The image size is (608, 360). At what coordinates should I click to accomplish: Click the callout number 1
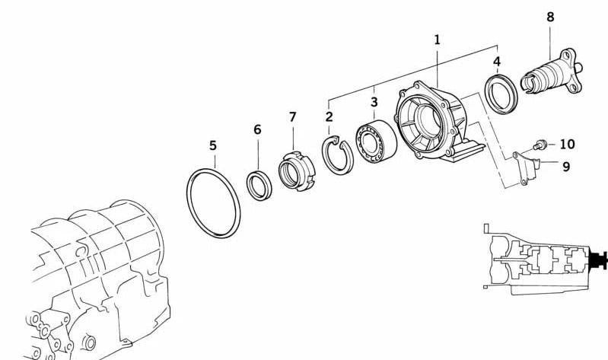pyautogui.click(x=437, y=40)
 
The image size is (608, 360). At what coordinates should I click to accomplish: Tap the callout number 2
pyautogui.click(x=329, y=116)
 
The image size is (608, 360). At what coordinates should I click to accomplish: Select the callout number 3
pyautogui.click(x=374, y=102)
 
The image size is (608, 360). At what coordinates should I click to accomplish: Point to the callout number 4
pyautogui.click(x=497, y=62)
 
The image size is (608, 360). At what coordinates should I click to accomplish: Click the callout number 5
pyautogui.click(x=213, y=145)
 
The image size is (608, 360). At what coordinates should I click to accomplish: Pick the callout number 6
pyautogui.click(x=257, y=129)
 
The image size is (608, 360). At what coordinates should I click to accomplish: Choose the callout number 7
pyautogui.click(x=293, y=116)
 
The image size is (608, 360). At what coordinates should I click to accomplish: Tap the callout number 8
pyautogui.click(x=551, y=17)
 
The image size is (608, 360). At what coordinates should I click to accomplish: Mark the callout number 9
pyautogui.click(x=566, y=167)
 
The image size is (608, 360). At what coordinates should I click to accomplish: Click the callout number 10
pyautogui.click(x=567, y=144)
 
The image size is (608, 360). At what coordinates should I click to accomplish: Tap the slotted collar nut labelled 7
pyautogui.click(x=297, y=170)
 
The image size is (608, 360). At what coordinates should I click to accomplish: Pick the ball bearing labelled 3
pyautogui.click(x=376, y=142)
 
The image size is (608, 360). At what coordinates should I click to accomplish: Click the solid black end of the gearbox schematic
pyautogui.click(x=597, y=260)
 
